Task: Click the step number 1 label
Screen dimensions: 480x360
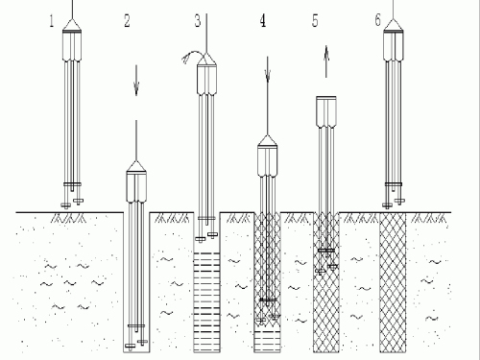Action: pos(52,21)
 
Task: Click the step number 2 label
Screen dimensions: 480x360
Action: pos(127,21)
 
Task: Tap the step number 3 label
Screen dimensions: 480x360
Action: pos(198,21)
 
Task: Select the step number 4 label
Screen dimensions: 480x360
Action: pos(263,21)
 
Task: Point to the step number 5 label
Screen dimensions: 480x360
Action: pos(315,21)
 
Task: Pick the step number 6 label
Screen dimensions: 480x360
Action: pos(378,20)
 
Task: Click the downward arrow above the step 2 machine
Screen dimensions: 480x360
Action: pos(136,81)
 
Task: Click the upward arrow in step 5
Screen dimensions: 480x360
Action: pos(326,61)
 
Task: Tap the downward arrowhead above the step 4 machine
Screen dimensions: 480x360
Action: pos(268,76)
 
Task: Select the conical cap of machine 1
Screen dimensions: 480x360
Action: pos(72,25)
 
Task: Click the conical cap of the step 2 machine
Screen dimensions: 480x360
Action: pos(136,167)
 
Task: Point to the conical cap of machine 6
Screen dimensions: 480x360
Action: pos(394,25)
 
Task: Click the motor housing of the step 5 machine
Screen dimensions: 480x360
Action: pos(326,112)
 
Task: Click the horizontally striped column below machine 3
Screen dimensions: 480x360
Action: pos(206,301)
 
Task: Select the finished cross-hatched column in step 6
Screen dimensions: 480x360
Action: pos(393,282)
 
